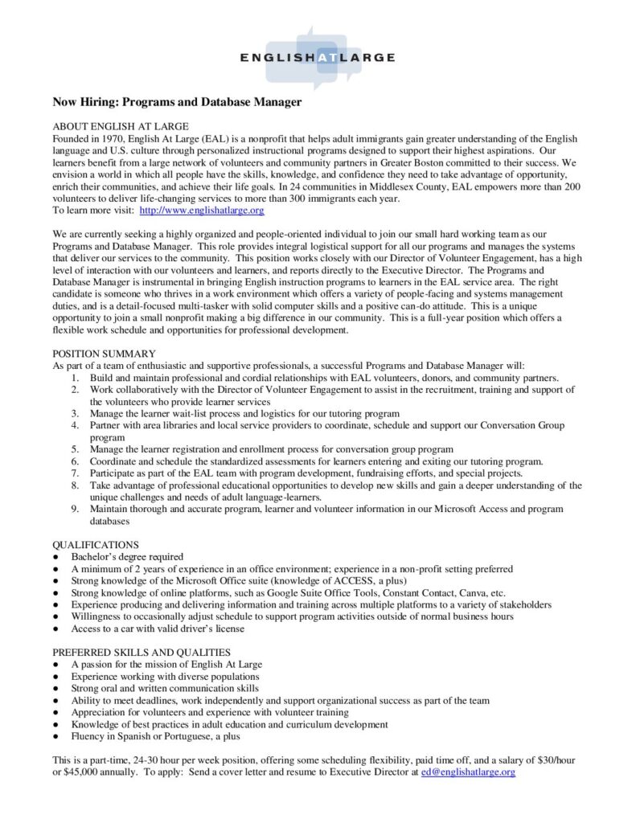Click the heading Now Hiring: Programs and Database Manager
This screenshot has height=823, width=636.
coord(177,102)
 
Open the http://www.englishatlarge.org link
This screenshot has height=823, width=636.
coord(202,210)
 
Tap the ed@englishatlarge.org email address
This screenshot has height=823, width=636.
coord(468,772)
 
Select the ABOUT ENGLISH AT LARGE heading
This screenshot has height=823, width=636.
coord(121,126)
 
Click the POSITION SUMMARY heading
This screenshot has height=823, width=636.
coord(105,353)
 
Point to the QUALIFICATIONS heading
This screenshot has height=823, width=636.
coord(96,544)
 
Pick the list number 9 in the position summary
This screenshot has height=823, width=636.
coord(74,509)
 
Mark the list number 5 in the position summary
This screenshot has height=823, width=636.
coord(74,449)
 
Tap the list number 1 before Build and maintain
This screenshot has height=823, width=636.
coord(74,378)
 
